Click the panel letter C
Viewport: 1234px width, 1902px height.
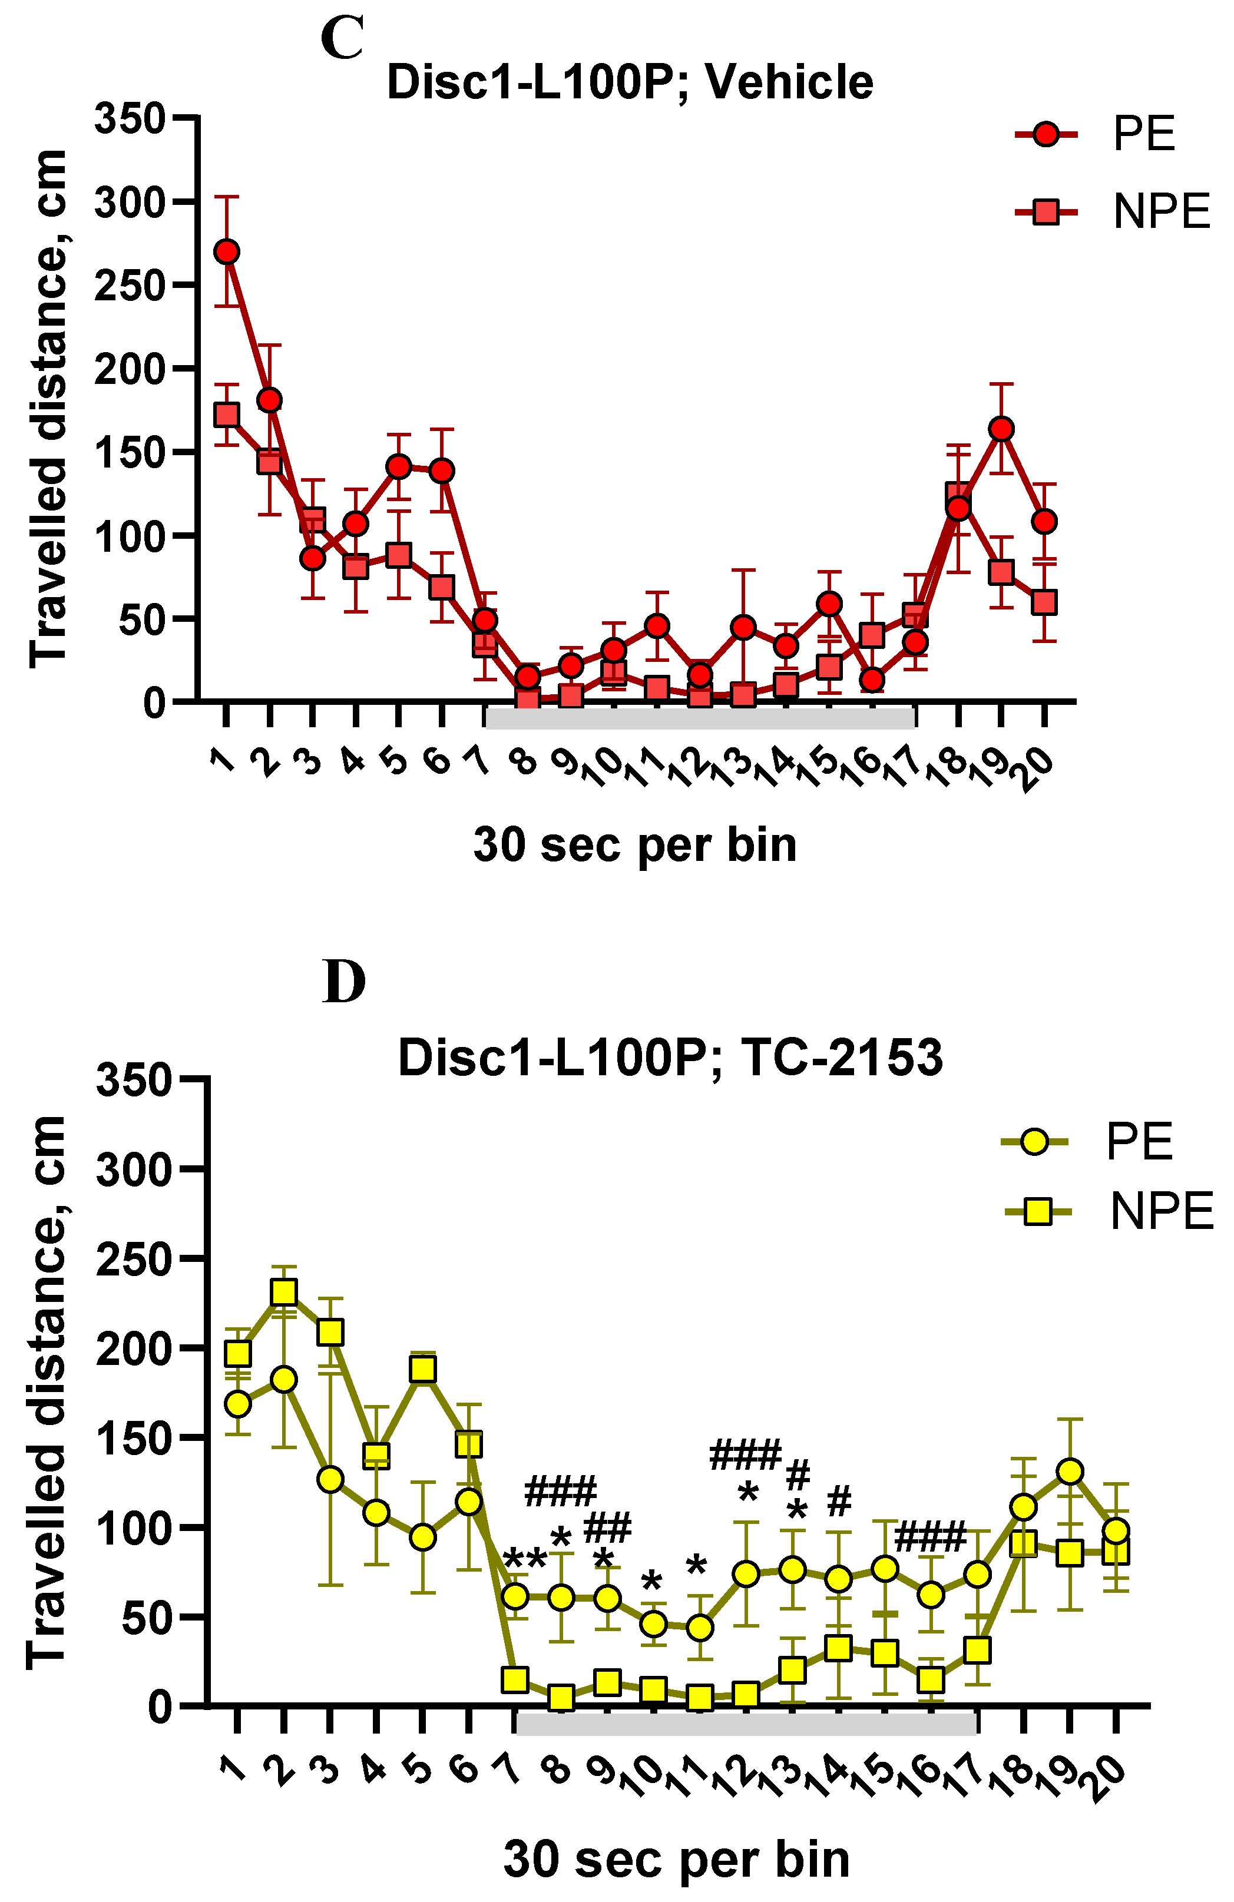pos(342,38)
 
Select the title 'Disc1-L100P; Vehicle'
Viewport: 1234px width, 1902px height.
pos(630,82)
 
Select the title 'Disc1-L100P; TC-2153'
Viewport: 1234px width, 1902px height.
pos(670,1058)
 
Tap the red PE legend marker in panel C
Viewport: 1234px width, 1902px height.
pos(1046,134)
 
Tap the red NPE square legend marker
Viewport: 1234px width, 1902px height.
pos(1046,212)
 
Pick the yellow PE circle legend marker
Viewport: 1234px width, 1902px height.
pos(1034,1141)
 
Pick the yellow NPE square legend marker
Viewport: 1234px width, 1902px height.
pos(1037,1211)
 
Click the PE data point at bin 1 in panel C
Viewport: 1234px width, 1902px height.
pos(227,252)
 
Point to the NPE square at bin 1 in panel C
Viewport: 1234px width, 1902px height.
pos(227,415)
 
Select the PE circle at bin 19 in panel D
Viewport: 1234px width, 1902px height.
pos(1069,1471)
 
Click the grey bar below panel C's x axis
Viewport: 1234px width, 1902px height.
pos(700,717)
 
